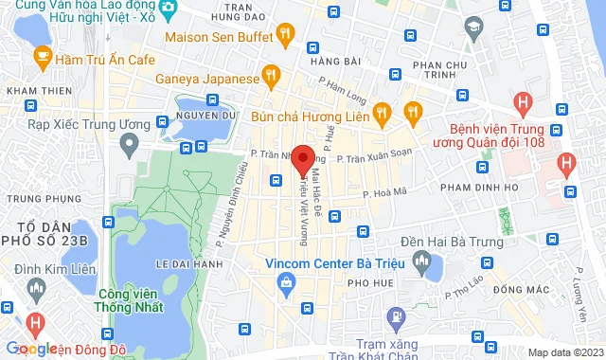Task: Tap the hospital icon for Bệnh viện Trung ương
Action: [x=521, y=101]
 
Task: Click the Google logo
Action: [x=33, y=350]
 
